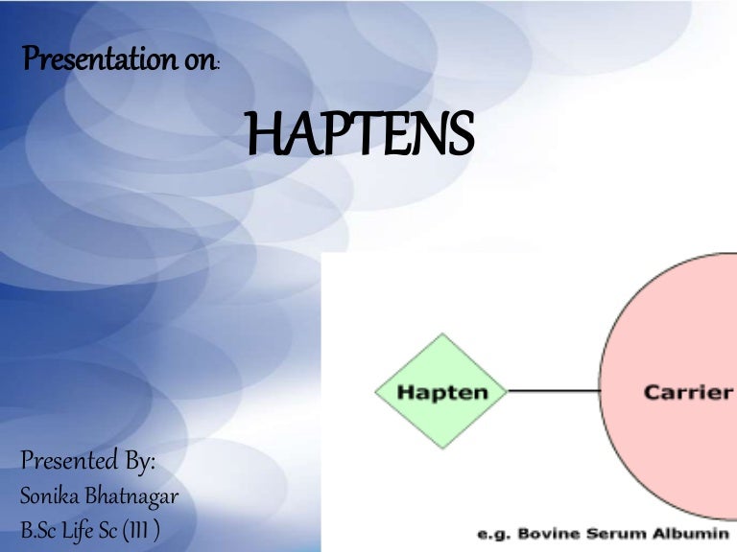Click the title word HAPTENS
click(361, 136)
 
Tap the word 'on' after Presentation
click(199, 61)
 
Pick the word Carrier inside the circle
click(688, 391)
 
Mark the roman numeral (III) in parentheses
click(141, 529)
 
